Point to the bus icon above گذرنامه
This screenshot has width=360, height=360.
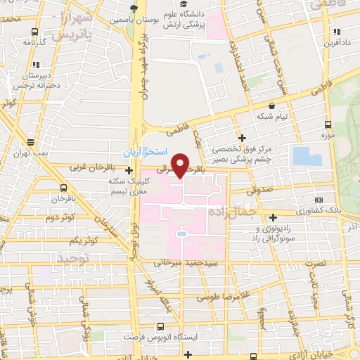pyautogui.click(x=35, y=32)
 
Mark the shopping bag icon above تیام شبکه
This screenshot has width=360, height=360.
pyautogui.click(x=271, y=105)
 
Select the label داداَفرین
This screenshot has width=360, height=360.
pyautogui.click(x=337, y=43)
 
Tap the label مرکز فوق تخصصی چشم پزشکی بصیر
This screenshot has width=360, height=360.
pyautogui.click(x=249, y=154)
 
